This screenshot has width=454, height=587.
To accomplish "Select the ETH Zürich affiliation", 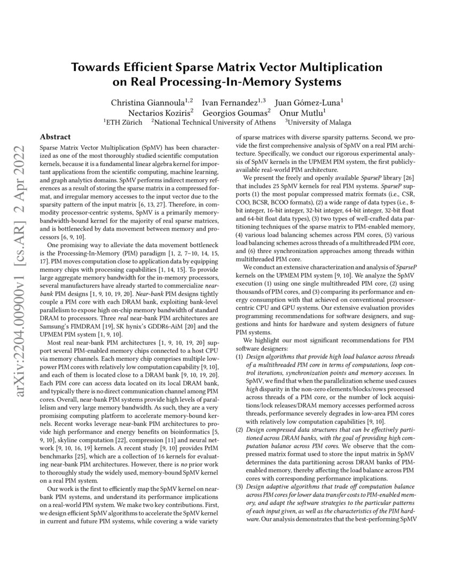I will point(124,123).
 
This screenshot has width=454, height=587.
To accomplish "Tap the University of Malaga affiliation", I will point(320,123).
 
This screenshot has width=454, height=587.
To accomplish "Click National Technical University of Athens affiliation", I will point(215,123).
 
